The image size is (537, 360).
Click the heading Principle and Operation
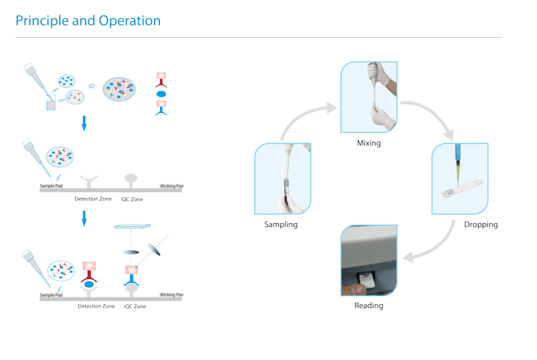[88, 21]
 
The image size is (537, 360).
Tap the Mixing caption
[369, 143]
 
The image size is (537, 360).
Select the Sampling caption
[281, 225]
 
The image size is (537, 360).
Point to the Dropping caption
[481, 225]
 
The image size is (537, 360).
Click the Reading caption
[369, 305]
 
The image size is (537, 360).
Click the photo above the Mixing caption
[369, 97]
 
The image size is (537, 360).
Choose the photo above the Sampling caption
[283, 179]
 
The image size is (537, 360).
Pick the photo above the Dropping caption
[460, 179]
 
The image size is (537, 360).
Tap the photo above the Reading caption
[369, 260]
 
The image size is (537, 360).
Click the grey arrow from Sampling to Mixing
[301, 115]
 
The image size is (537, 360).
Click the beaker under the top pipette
[50, 102]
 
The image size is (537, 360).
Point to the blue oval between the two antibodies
[161, 94]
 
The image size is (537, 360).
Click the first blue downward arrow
[84, 124]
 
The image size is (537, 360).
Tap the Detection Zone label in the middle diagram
[93, 199]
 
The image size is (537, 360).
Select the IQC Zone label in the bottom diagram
[135, 306]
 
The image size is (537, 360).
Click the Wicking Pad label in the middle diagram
[171, 186]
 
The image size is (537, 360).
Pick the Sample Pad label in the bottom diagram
[51, 295]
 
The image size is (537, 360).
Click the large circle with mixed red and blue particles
[119, 89]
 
